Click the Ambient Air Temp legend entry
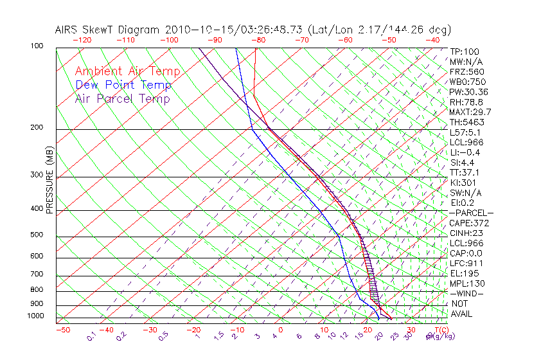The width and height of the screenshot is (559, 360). tap(127, 71)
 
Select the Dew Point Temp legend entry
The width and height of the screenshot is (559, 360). tap(123, 85)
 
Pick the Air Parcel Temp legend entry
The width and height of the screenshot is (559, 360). tap(122, 98)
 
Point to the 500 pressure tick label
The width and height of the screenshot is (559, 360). tap(37, 235)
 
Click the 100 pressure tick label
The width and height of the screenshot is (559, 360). tap(37, 46)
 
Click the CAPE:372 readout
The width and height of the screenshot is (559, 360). tap(469, 223)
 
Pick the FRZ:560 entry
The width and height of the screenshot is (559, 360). tap(466, 71)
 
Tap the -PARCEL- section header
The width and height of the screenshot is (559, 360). tap(471, 213)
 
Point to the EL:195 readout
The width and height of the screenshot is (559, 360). tap(465, 273)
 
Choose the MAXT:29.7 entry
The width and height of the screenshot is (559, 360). tap(469, 112)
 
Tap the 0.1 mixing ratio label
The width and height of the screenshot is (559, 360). tap(91, 336)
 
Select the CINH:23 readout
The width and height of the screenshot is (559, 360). tap(466, 233)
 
